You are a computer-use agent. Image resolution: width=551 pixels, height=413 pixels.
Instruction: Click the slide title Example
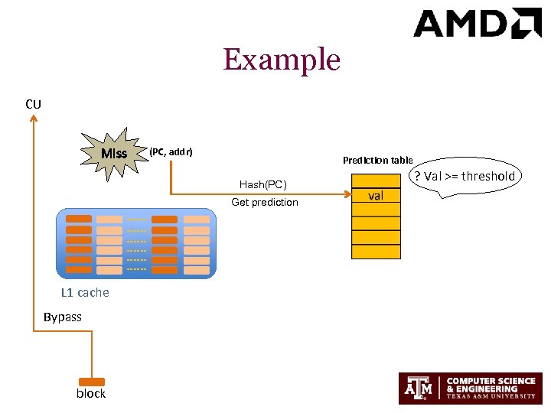(x=282, y=60)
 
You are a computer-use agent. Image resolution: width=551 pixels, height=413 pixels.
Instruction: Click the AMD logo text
(x=462, y=24)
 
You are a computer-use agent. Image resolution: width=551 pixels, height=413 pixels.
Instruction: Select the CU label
(x=33, y=104)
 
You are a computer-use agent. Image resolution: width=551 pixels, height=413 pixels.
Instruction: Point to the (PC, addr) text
(x=171, y=152)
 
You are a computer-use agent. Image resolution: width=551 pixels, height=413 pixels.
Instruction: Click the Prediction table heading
(x=377, y=160)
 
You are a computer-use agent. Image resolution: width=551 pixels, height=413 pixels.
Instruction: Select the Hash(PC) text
(x=262, y=184)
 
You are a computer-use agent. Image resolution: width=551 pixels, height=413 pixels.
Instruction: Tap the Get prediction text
(x=265, y=202)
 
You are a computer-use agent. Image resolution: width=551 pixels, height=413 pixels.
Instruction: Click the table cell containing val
(x=376, y=196)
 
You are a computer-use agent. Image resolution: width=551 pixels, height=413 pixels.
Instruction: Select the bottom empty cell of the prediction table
(x=376, y=252)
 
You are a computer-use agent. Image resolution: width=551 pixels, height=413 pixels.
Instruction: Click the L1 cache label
(x=85, y=292)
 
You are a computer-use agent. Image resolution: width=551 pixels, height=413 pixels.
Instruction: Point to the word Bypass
(x=63, y=317)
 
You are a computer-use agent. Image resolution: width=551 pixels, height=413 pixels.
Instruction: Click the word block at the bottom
(x=91, y=393)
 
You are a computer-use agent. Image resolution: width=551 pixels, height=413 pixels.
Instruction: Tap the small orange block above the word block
(x=92, y=381)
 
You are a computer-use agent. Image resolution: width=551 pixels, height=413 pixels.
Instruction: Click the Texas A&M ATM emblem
(x=419, y=388)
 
